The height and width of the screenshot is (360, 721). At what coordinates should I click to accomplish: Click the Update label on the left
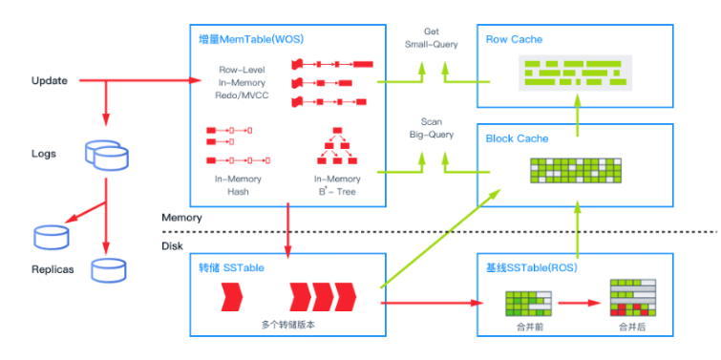[x=49, y=81]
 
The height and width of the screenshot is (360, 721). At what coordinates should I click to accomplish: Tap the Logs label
[x=43, y=153]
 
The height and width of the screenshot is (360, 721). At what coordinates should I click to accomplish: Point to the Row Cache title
[x=515, y=39]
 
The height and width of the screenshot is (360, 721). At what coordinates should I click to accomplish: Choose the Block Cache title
[x=518, y=138]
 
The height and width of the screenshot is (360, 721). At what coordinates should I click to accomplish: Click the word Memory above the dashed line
[x=181, y=218]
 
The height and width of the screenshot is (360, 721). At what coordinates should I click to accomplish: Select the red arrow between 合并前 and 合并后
[x=582, y=304]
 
